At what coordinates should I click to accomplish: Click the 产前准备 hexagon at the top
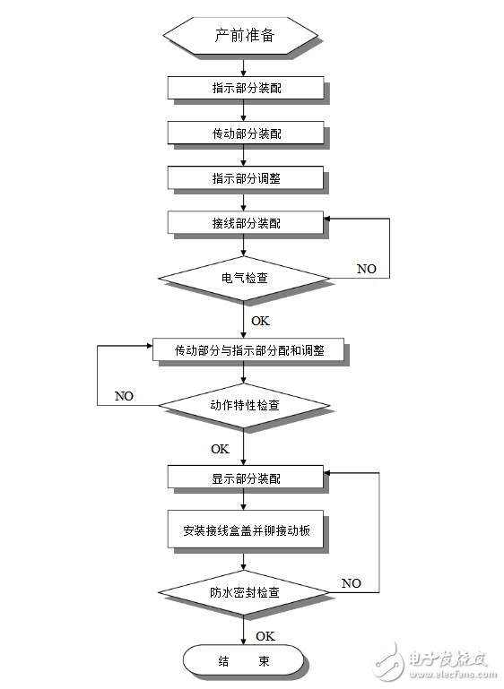tap(241, 36)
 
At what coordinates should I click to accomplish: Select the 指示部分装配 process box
tap(246, 88)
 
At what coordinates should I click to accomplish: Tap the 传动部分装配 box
tap(246, 133)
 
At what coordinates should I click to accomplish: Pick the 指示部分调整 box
tap(246, 178)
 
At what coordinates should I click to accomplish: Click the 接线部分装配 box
tap(246, 223)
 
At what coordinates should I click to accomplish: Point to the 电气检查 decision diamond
tap(244, 278)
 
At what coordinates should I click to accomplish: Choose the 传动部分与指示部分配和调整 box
tap(248, 350)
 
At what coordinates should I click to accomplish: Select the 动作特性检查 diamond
tap(244, 405)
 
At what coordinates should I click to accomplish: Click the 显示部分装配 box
tap(246, 478)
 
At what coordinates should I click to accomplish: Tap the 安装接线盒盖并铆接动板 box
tap(246, 530)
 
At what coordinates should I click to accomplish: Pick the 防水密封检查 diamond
tap(244, 592)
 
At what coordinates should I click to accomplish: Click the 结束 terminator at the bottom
tap(243, 661)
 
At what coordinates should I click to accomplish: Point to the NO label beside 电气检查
tap(367, 269)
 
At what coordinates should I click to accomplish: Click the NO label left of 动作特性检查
tap(124, 396)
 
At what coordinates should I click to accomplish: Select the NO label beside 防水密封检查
tap(351, 583)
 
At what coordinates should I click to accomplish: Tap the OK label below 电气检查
tap(260, 321)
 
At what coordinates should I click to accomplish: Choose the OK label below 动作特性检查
tap(220, 449)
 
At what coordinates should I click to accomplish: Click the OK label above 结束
tap(265, 636)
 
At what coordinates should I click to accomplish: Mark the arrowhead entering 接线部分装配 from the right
tap(327, 219)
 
